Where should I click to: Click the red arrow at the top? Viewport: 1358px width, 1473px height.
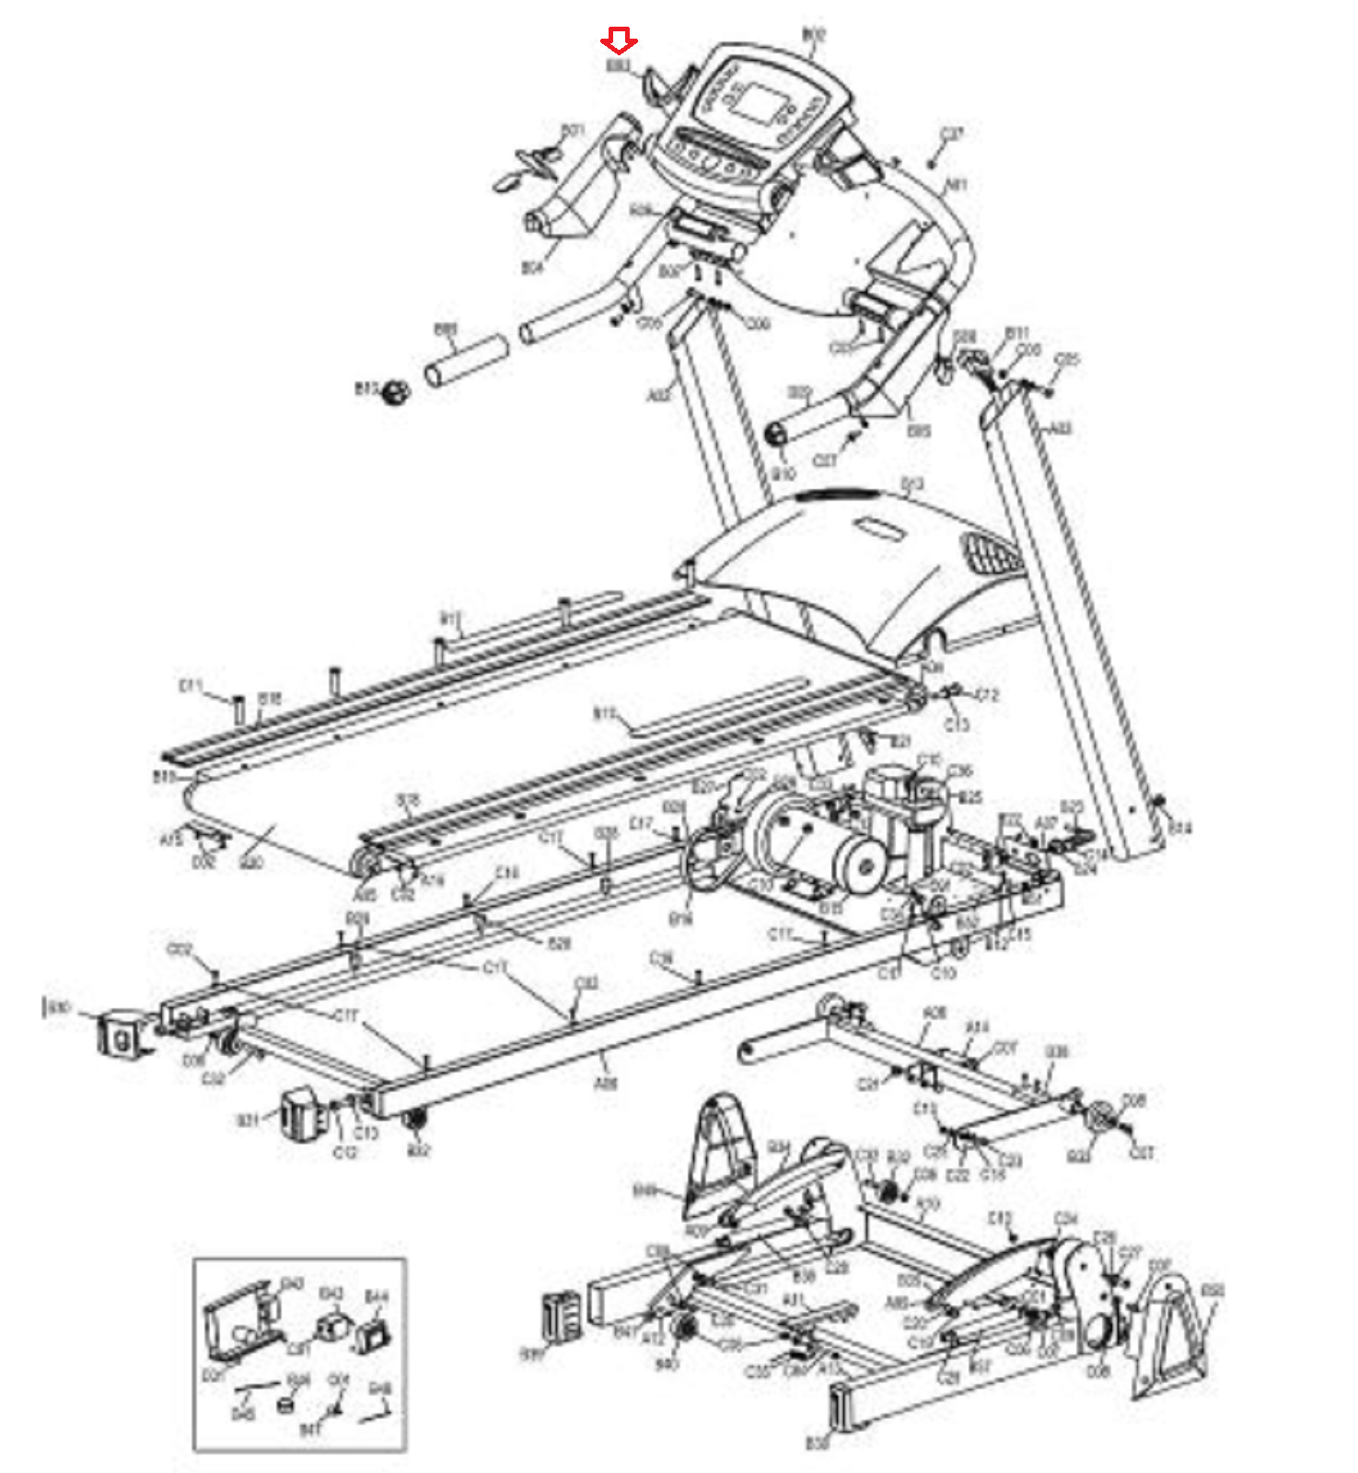(x=619, y=41)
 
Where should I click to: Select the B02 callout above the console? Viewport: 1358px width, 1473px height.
(x=813, y=36)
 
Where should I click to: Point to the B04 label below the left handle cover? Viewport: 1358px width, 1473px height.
(x=532, y=268)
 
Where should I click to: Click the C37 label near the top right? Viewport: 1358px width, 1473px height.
(x=951, y=134)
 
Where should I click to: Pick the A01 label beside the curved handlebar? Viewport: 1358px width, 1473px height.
(x=957, y=185)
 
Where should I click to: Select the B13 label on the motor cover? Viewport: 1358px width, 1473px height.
(x=911, y=484)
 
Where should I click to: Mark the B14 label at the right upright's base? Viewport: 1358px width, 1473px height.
(x=1179, y=829)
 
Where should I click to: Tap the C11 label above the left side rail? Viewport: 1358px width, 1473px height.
(x=190, y=686)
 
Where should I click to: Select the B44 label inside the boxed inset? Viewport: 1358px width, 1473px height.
(x=377, y=1297)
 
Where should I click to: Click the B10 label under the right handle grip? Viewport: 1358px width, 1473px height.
(x=783, y=474)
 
